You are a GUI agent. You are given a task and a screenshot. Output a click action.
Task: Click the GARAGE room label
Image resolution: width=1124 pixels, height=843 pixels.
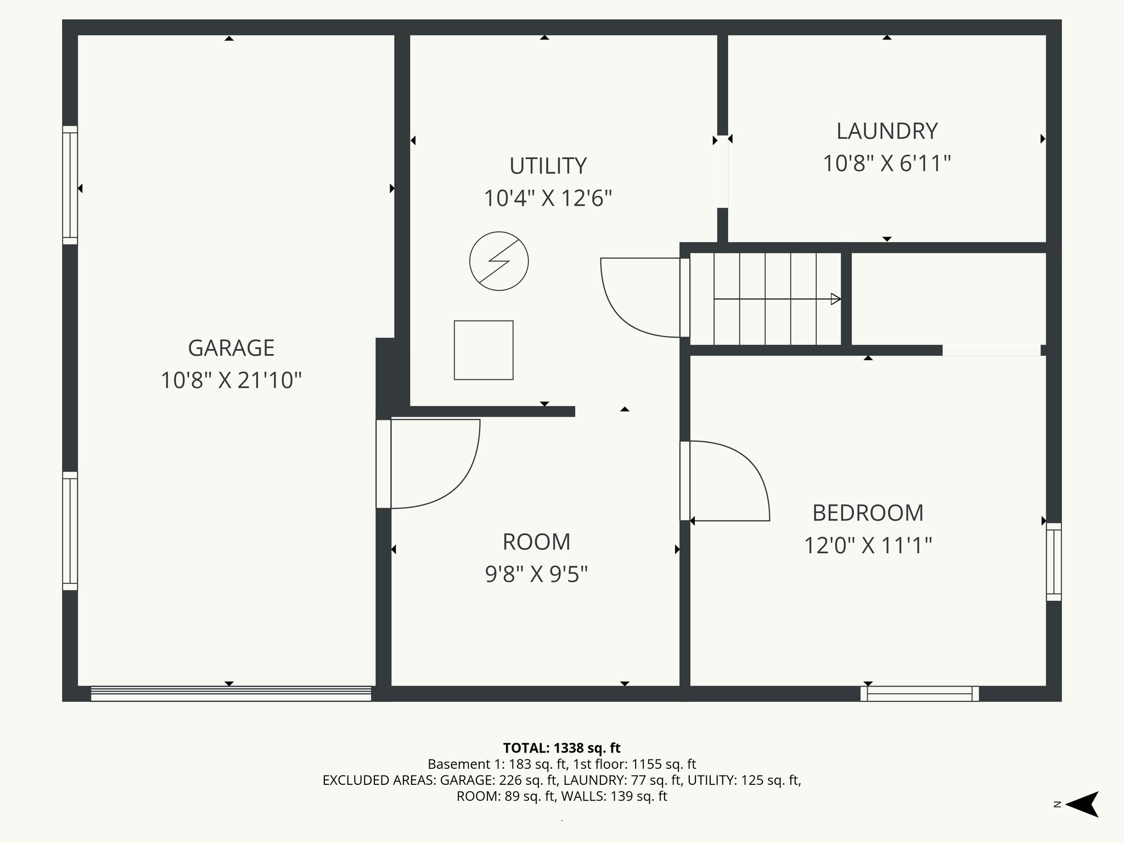pyautogui.click(x=231, y=348)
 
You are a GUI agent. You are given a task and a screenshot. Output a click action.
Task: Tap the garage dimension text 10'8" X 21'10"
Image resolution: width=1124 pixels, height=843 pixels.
pyautogui.click(x=231, y=380)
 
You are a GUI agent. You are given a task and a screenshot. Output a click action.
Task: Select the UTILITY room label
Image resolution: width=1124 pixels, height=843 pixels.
pyautogui.click(x=548, y=166)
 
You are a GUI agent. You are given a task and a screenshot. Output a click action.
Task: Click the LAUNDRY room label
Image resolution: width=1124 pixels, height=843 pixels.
pyautogui.click(x=887, y=131)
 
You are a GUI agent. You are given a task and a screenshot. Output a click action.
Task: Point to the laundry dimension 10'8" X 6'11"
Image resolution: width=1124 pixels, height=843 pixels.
pyautogui.click(x=886, y=164)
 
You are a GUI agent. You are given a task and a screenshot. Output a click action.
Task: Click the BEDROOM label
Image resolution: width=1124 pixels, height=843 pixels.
pyautogui.click(x=868, y=513)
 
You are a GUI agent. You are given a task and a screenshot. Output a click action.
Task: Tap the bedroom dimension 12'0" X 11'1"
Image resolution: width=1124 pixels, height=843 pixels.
pyautogui.click(x=868, y=546)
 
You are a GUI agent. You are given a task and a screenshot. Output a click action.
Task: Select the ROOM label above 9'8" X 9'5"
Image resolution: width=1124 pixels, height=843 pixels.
pyautogui.click(x=536, y=542)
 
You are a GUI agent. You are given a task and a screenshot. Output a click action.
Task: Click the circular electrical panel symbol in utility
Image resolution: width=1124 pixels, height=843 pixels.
pyautogui.click(x=499, y=261)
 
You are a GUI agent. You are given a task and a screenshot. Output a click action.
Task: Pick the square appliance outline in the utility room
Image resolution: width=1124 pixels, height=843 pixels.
pyautogui.click(x=484, y=350)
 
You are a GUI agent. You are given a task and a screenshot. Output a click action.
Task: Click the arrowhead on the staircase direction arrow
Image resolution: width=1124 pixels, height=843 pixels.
pyautogui.click(x=836, y=299)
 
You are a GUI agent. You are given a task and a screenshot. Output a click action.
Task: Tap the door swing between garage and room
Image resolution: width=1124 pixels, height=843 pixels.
pyautogui.click(x=434, y=464)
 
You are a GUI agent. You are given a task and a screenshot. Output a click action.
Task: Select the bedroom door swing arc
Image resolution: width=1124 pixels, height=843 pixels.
pyautogui.click(x=730, y=480)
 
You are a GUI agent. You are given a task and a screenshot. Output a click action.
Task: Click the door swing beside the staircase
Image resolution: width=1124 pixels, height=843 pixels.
pyautogui.click(x=639, y=297)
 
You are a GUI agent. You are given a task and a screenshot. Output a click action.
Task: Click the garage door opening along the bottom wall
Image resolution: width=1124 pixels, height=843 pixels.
pyautogui.click(x=231, y=694)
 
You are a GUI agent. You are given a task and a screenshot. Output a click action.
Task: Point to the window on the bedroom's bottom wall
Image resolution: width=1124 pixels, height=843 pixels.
pyautogui.click(x=919, y=694)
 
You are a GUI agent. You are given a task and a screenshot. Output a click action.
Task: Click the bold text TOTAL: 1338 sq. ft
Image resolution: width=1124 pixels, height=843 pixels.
pyautogui.click(x=561, y=748)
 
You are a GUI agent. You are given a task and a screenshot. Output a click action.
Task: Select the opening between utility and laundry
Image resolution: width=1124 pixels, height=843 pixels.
pyautogui.click(x=723, y=171)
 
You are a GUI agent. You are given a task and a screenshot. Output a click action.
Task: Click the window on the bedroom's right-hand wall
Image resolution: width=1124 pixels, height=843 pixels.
pyautogui.click(x=1054, y=561)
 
